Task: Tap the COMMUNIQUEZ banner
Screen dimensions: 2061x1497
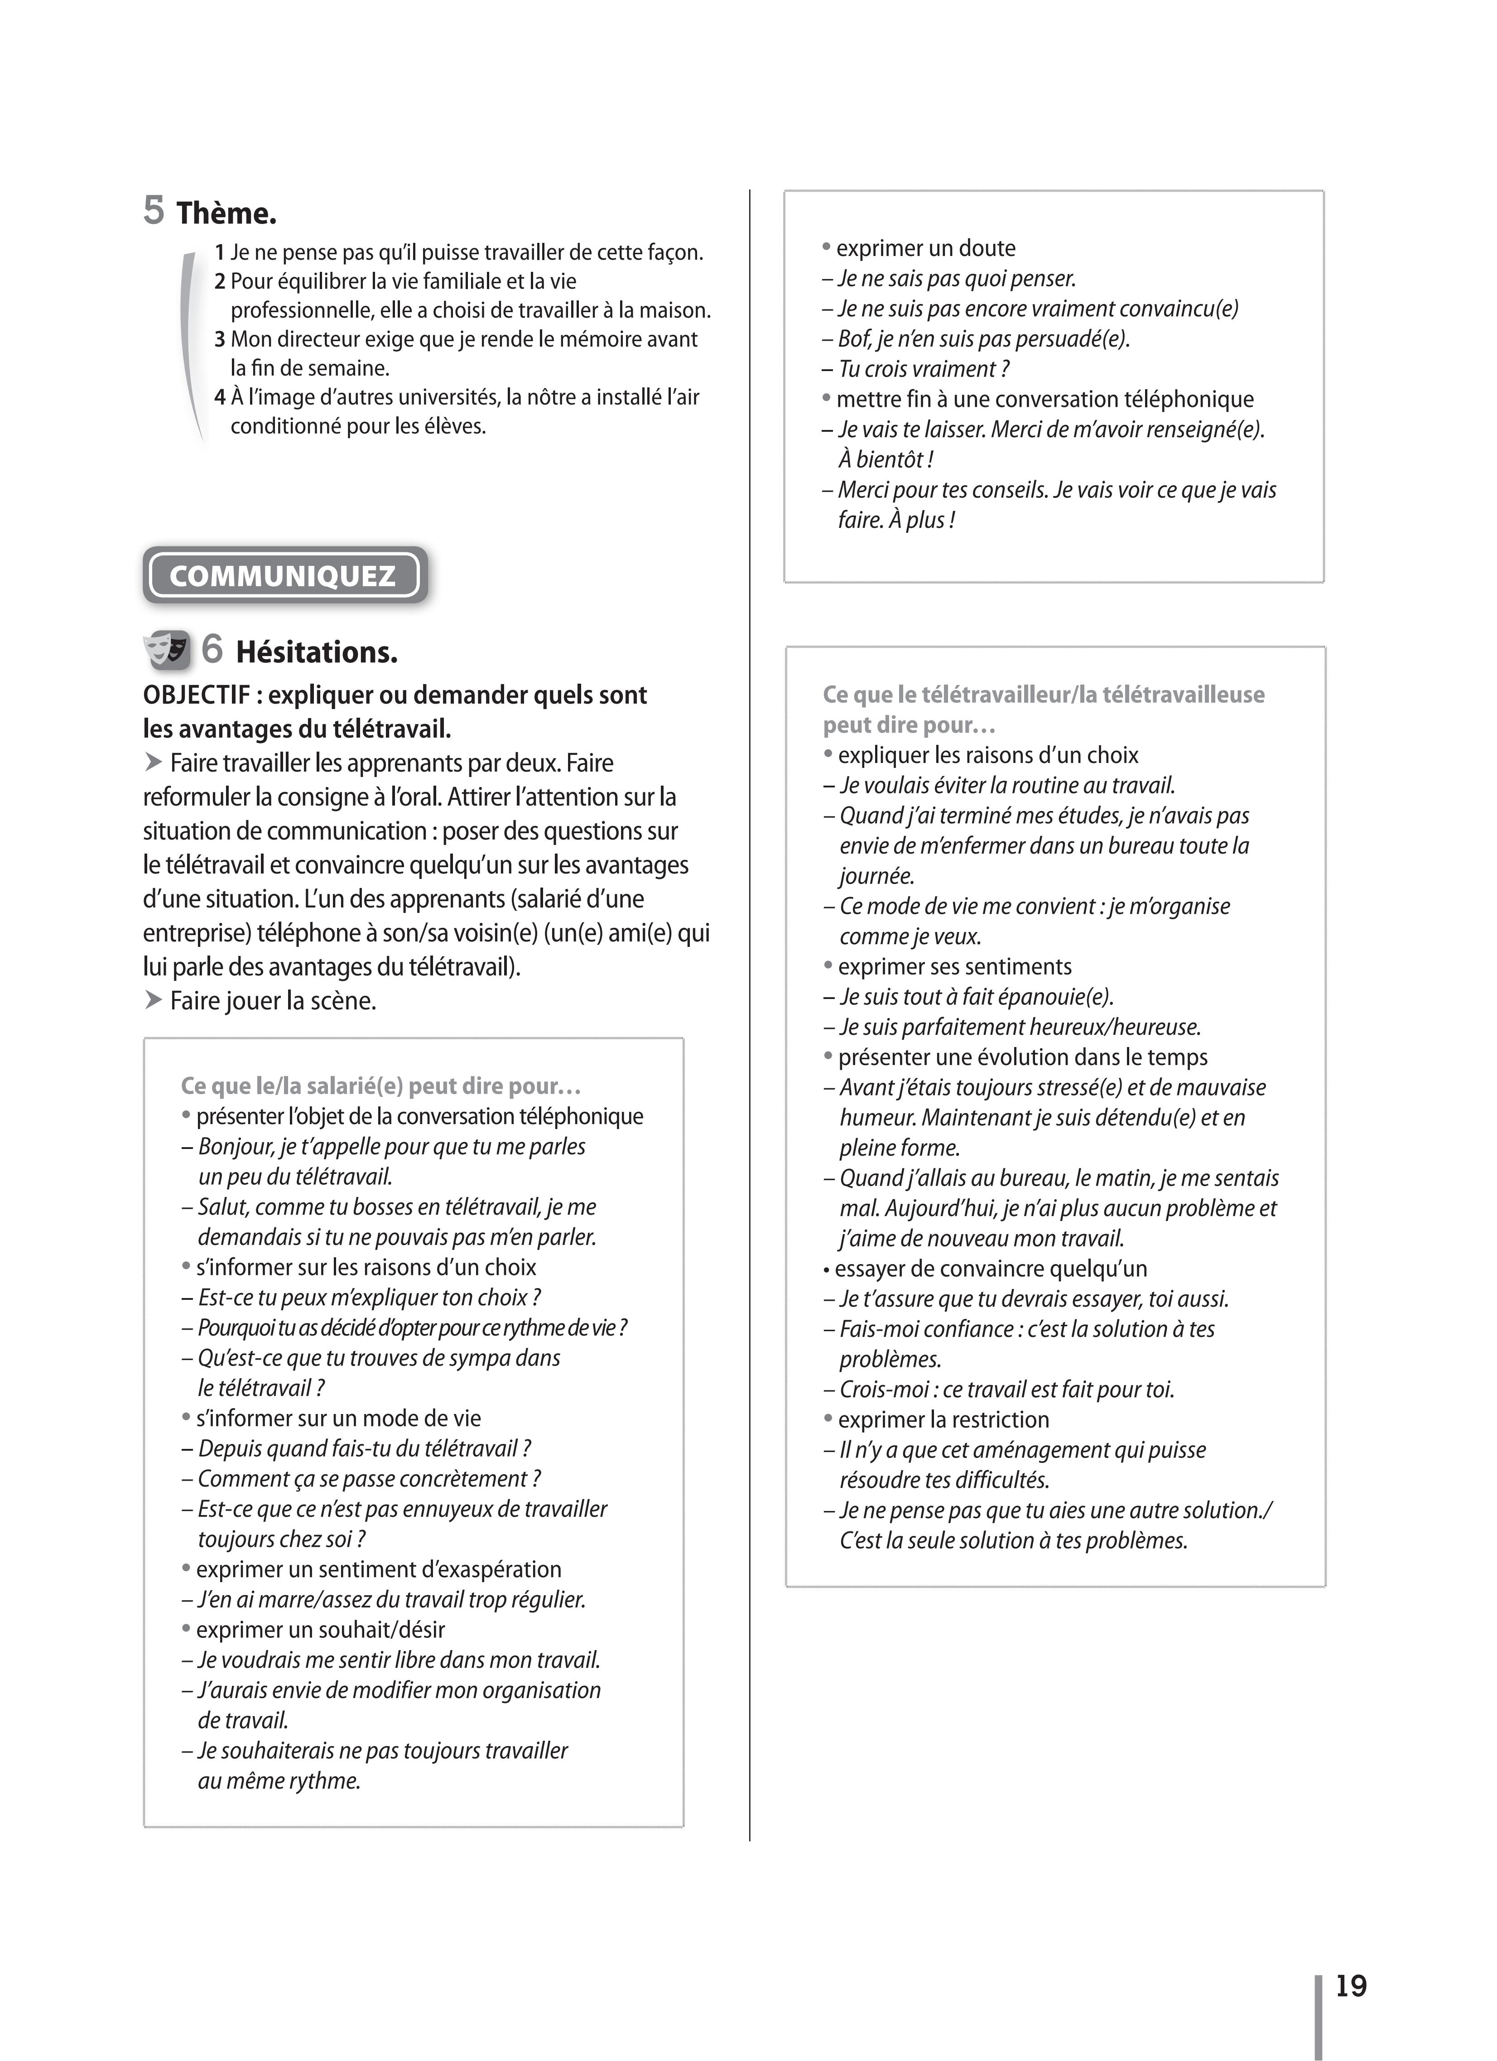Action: pyautogui.click(x=284, y=575)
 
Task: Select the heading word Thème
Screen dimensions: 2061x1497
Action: pyautogui.click(x=226, y=213)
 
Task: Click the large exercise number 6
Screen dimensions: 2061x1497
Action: pyautogui.click(x=212, y=649)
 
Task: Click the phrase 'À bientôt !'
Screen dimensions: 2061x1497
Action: pyautogui.click(x=886, y=460)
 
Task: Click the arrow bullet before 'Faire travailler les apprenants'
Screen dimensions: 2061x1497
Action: pyautogui.click(x=153, y=763)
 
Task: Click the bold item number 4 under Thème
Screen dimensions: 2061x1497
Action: pyautogui.click(x=220, y=397)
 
